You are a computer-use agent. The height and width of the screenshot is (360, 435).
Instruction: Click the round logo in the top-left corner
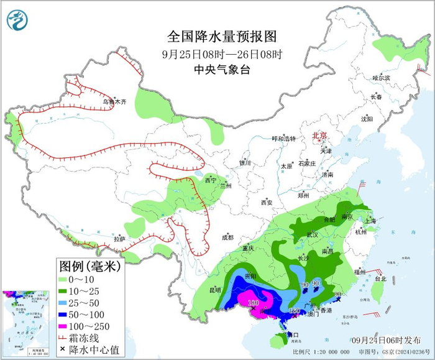click(x=17, y=21)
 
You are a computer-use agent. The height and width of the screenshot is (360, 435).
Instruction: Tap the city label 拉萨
click(x=119, y=239)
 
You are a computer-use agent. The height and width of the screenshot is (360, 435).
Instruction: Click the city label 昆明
click(x=214, y=290)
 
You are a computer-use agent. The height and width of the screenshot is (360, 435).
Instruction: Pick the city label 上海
click(x=370, y=221)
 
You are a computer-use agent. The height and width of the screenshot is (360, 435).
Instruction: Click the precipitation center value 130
click(x=253, y=303)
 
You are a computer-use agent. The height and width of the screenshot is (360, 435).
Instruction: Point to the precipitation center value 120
click(x=295, y=311)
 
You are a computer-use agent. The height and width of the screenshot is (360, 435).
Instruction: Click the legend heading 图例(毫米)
click(x=90, y=266)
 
